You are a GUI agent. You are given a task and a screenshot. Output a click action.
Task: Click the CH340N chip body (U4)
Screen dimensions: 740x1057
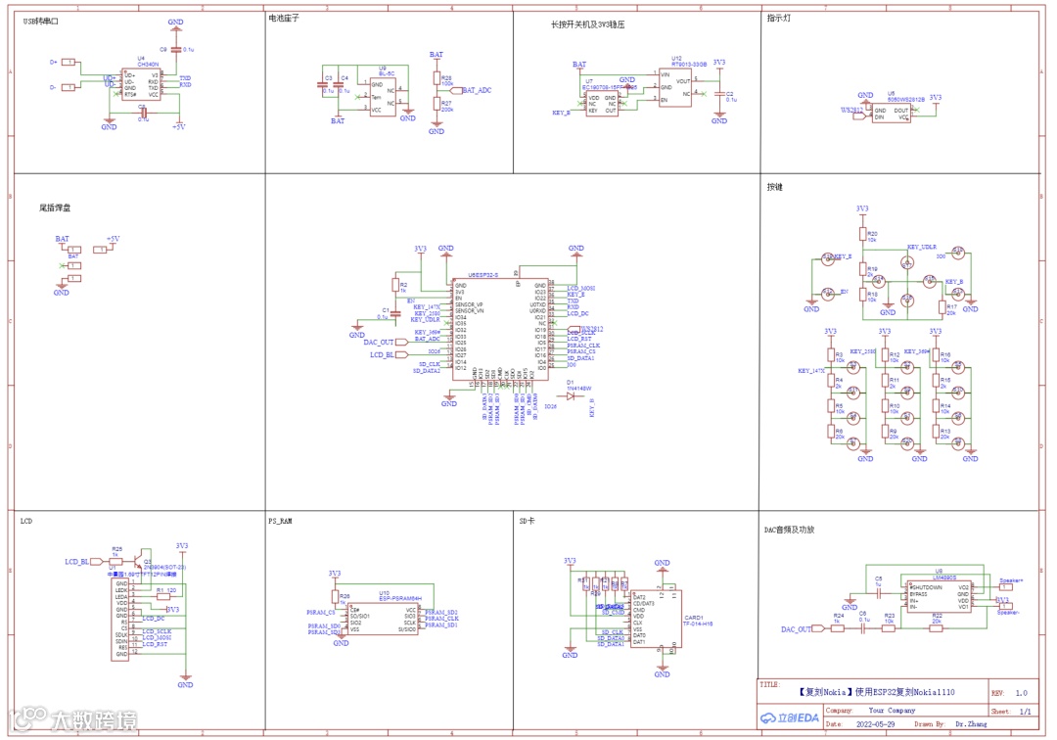[143, 83]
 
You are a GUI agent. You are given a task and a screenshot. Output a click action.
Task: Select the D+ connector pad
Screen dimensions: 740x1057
[68, 62]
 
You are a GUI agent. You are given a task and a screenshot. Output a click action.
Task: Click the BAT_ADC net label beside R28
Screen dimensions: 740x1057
[477, 90]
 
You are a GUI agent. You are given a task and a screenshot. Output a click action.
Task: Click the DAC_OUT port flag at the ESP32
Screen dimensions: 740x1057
[379, 342]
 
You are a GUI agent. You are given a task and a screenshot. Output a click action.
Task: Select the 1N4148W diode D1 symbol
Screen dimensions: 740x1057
[575, 397]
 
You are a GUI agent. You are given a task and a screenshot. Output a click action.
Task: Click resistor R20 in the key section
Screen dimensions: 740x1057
[862, 235]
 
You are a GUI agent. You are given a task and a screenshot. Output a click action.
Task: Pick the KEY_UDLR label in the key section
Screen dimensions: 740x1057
[922, 247]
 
